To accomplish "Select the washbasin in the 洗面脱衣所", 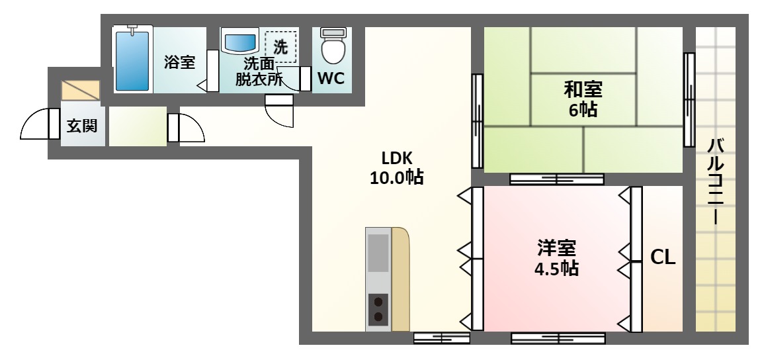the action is click(x=240, y=41).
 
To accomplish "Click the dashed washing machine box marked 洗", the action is click(x=280, y=46).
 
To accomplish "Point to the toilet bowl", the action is click(x=333, y=46).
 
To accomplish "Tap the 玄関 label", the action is click(x=81, y=126).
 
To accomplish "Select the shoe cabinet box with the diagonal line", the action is click(x=80, y=91).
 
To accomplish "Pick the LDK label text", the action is click(x=397, y=158).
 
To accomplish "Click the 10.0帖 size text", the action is click(x=397, y=177).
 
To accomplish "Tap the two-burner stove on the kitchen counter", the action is click(x=378, y=310).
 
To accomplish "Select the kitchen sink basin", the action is click(x=378, y=253).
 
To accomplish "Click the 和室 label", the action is click(x=583, y=90).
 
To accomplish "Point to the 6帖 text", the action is click(x=583, y=110).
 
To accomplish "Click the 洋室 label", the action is click(x=556, y=248).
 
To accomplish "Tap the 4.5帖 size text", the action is click(x=556, y=268).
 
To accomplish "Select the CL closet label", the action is click(x=663, y=257).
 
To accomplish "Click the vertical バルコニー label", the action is click(x=715, y=181).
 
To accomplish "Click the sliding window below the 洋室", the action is click(x=558, y=338).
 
